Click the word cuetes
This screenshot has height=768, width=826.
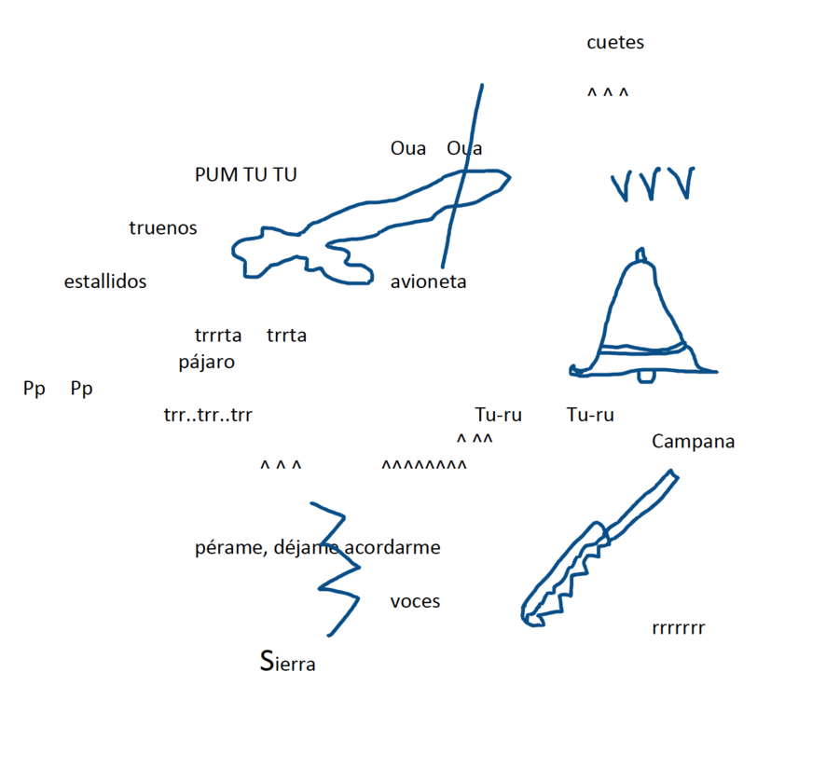[x=615, y=43]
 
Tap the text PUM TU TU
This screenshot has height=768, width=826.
[x=246, y=174]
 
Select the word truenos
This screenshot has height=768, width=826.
[x=163, y=228]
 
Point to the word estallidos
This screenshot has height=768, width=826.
[x=105, y=281]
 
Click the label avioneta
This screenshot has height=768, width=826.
[x=428, y=281]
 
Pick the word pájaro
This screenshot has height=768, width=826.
[x=207, y=363]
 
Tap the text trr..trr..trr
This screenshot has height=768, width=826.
[x=208, y=416]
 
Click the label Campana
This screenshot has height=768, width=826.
[x=693, y=442]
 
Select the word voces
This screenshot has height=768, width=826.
[x=415, y=602]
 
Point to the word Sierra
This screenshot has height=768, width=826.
[x=287, y=664]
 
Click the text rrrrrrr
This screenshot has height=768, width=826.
[x=679, y=628]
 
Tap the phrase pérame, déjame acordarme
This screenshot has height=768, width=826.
[x=318, y=548]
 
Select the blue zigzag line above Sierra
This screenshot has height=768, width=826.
[x=337, y=569]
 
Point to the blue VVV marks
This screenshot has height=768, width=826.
[x=653, y=185]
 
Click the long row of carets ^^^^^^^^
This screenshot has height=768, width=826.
[x=424, y=465]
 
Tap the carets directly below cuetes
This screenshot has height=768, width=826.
[x=608, y=94]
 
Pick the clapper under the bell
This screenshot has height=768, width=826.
[x=644, y=376]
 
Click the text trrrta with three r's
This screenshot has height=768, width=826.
[x=218, y=336]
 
